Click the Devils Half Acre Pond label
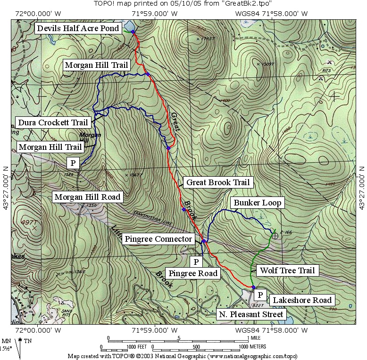tap(79, 28)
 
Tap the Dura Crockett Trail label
tap(53, 123)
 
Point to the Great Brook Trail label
tap(217, 182)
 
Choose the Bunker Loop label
tap(257, 203)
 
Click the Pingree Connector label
tap(158, 239)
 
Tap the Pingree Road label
tap(193, 273)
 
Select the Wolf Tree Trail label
tap(286, 270)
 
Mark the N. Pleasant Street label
tap(250, 314)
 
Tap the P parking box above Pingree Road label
tap(195, 261)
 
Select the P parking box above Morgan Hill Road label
tap(73, 163)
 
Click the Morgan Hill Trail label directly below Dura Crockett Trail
tap(50, 147)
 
